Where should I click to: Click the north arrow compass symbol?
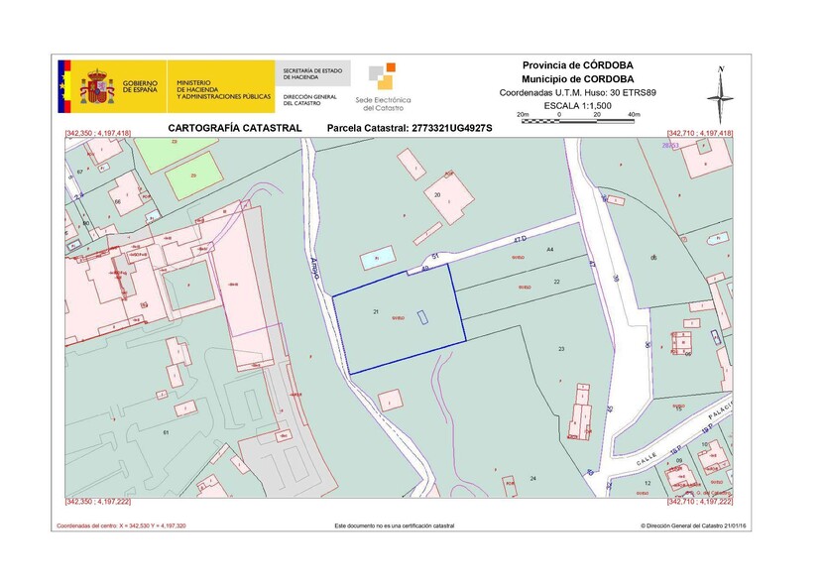tap(721, 95)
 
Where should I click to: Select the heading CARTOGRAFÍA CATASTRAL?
tap(234, 129)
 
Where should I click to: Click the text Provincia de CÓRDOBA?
tap(584, 64)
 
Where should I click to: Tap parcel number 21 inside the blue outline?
tap(377, 311)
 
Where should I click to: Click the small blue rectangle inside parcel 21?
tap(422, 317)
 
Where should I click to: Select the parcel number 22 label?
tap(556, 283)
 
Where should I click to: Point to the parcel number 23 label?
tap(561, 349)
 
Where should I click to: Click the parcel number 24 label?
tap(532, 479)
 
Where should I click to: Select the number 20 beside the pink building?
tap(437, 195)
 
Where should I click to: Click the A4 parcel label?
tap(549, 250)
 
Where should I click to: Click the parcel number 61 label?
tap(166, 433)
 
